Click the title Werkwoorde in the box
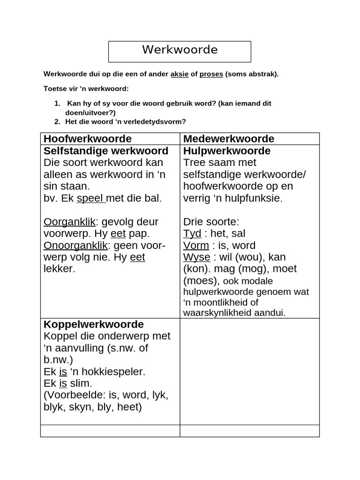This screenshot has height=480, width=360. pyautogui.click(x=180, y=50)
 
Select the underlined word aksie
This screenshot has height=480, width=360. pyautogui.click(x=179, y=74)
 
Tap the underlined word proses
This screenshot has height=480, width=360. pyautogui.click(x=211, y=74)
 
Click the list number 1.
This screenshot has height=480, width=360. pyautogui.click(x=57, y=103)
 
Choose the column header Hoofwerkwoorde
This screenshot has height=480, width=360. pyautogui.click(x=88, y=139)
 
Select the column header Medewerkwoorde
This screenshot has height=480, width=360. pyautogui.click(x=229, y=139)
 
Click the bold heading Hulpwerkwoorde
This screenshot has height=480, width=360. pyautogui.click(x=227, y=151)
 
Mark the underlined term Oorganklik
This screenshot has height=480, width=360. pyautogui.click(x=69, y=222)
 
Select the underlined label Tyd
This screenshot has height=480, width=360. pyautogui.click(x=192, y=233)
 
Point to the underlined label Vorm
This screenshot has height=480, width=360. pyautogui.click(x=196, y=245)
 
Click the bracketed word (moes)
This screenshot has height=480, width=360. pyautogui.click(x=201, y=280)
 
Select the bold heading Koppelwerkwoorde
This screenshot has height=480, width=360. pyautogui.click(x=94, y=324)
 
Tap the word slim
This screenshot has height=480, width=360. pyautogui.click(x=81, y=383)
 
